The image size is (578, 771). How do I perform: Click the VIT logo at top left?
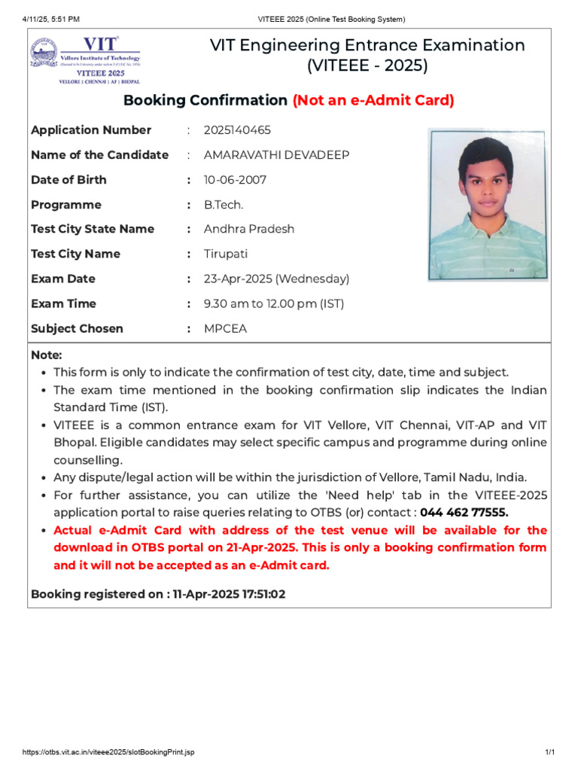[84, 59]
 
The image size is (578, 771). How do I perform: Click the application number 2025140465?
[237, 130]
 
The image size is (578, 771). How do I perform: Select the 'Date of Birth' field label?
[68, 180]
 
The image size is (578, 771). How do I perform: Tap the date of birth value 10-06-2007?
[235, 180]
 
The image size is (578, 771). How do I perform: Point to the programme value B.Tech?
[224, 205]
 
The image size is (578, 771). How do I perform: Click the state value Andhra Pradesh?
[249, 229]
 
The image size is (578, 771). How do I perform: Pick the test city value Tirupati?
[226, 254]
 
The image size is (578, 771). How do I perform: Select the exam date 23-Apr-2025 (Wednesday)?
[276, 279]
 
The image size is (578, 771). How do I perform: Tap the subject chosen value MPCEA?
[225, 328]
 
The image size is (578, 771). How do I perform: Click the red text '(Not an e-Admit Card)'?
[373, 100]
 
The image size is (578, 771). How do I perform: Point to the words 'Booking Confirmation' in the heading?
[205, 100]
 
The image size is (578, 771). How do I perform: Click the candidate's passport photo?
[488, 205]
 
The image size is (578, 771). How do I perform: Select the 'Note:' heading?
[47, 355]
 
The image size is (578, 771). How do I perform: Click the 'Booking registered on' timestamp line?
[158, 594]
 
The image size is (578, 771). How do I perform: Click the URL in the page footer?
[108, 753]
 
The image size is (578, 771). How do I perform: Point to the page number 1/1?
[549, 753]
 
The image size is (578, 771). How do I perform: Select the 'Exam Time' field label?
[63, 303]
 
